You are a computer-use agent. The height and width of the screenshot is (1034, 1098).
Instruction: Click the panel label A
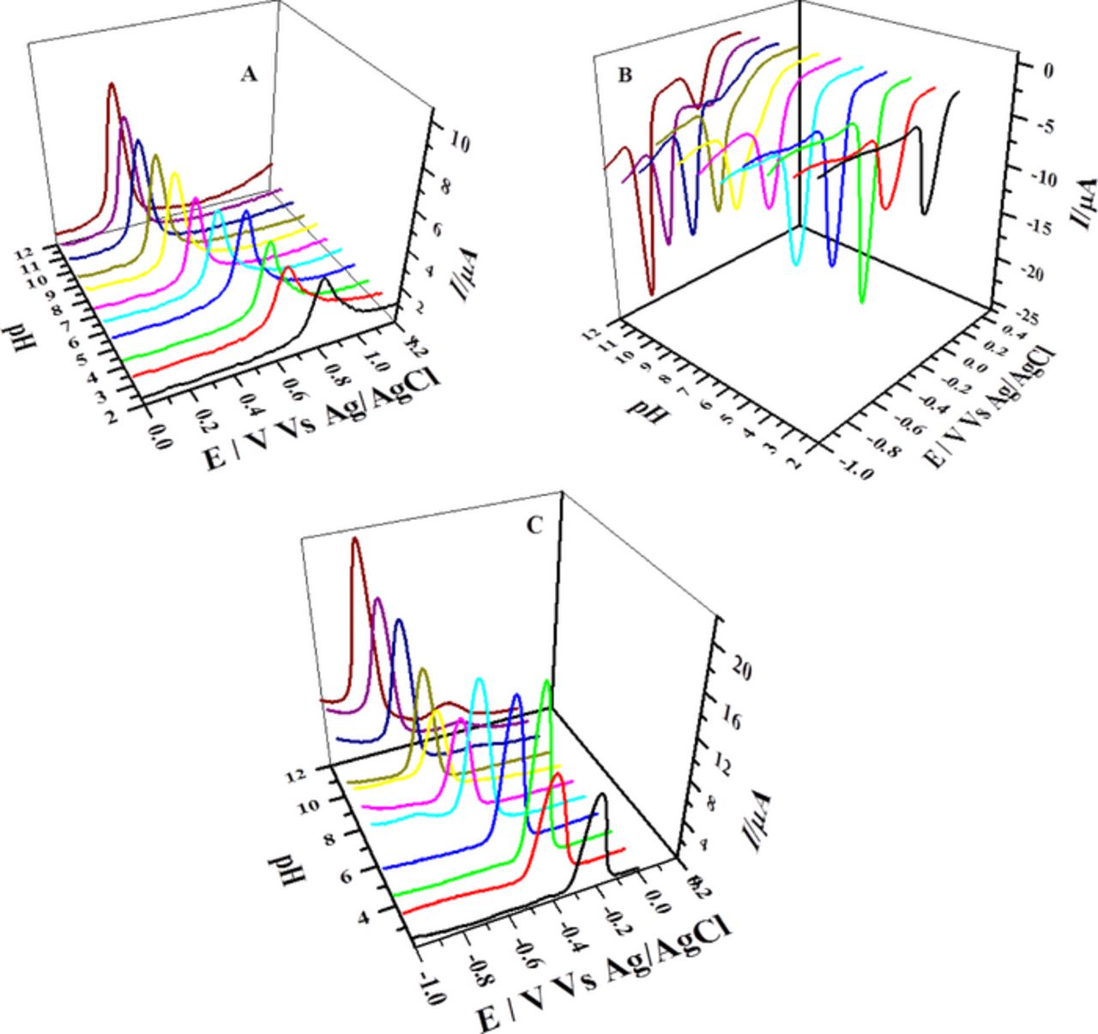click(249, 75)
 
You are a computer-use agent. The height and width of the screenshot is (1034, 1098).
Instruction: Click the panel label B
click(624, 76)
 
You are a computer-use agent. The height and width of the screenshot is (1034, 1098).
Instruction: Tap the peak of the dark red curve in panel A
click(112, 84)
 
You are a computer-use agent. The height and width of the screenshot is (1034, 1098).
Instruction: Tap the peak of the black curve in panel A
click(324, 279)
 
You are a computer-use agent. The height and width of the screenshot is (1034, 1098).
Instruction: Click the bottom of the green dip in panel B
click(863, 301)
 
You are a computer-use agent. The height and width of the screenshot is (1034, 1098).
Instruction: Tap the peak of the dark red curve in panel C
click(355, 539)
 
